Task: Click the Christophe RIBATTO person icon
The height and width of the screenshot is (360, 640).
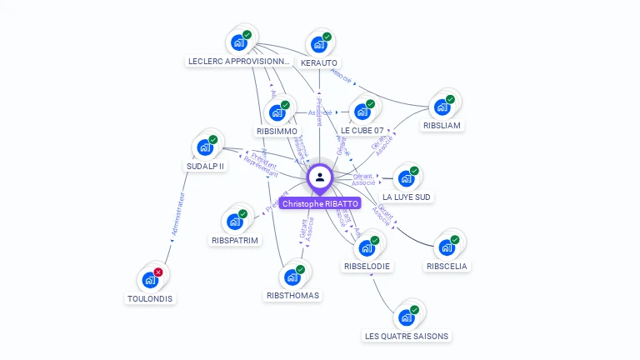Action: pos(320,177)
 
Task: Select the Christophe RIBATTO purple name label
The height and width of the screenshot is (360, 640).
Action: pos(320,203)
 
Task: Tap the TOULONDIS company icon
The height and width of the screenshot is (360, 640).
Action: pos(150,280)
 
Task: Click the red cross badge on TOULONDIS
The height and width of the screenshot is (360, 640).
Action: pos(158,272)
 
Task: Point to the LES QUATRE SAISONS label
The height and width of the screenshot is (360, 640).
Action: pos(407,337)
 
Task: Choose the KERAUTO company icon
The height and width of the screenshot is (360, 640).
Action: pos(318,45)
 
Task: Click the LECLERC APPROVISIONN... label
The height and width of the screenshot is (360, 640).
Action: pos(239,62)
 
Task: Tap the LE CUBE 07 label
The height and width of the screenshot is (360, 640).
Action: pos(362,131)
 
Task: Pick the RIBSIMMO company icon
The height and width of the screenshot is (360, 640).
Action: pos(277,112)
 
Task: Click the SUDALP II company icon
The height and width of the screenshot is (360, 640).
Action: pos(205,147)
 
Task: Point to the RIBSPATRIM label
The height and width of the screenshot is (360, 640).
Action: pos(235,240)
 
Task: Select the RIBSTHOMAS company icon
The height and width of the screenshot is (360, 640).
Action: pos(292,277)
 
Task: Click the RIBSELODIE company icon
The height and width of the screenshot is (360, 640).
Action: pos(367,247)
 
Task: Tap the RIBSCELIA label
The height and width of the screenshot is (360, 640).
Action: pos(447,267)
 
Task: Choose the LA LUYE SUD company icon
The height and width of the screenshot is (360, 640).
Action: pos(406,178)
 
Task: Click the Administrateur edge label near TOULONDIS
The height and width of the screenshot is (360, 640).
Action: pos(177,216)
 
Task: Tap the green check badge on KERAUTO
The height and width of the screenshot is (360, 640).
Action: pos(327,37)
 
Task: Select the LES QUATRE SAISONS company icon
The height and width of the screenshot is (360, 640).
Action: pos(407,317)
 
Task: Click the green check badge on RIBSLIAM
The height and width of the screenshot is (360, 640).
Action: pos(450,99)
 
